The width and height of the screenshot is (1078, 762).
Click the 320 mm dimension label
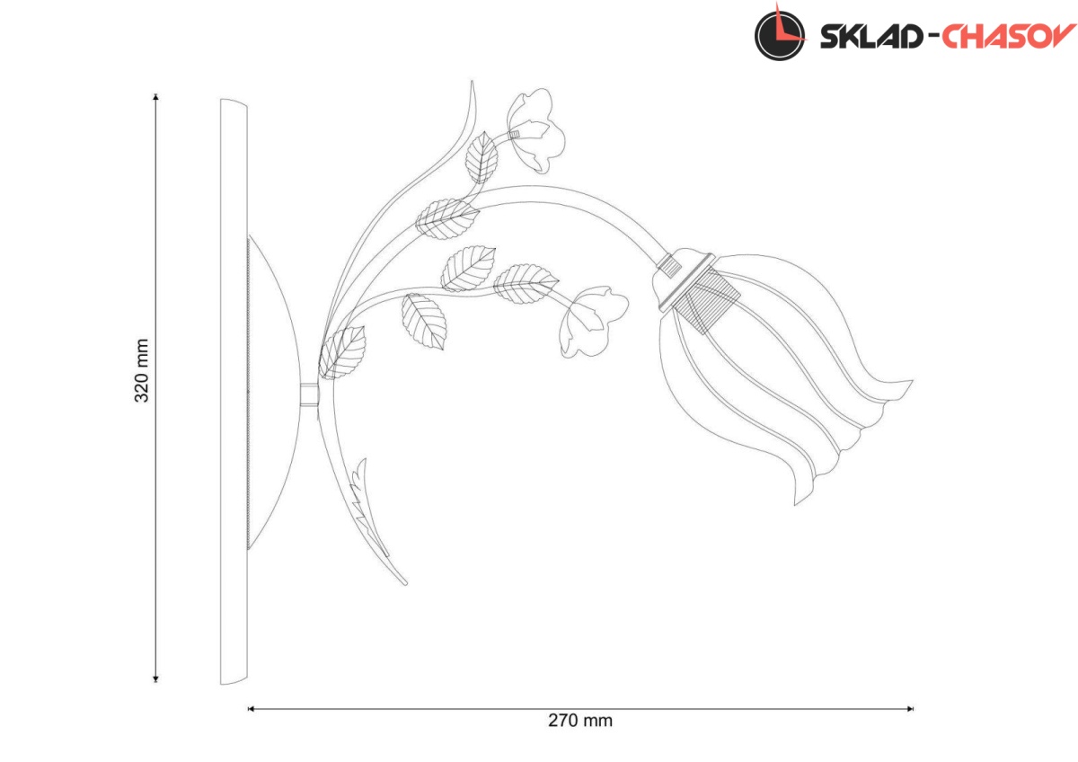pyautogui.click(x=142, y=370)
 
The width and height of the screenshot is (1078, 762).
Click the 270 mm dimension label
pyautogui.click(x=580, y=721)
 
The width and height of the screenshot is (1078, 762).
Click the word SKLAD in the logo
pyautogui.click(x=871, y=37)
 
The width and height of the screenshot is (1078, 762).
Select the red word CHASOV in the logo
pyautogui.click(x=1009, y=36)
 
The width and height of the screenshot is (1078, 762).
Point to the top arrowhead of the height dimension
pyautogui.click(x=155, y=97)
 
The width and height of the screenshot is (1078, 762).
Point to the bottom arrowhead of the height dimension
pyautogui.click(x=155, y=678)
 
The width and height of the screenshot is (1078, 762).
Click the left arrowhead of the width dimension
pyautogui.click(x=251, y=709)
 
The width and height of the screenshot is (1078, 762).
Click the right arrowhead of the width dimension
pyautogui.click(x=909, y=709)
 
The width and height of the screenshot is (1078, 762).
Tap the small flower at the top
pyautogui.click(x=535, y=131)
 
